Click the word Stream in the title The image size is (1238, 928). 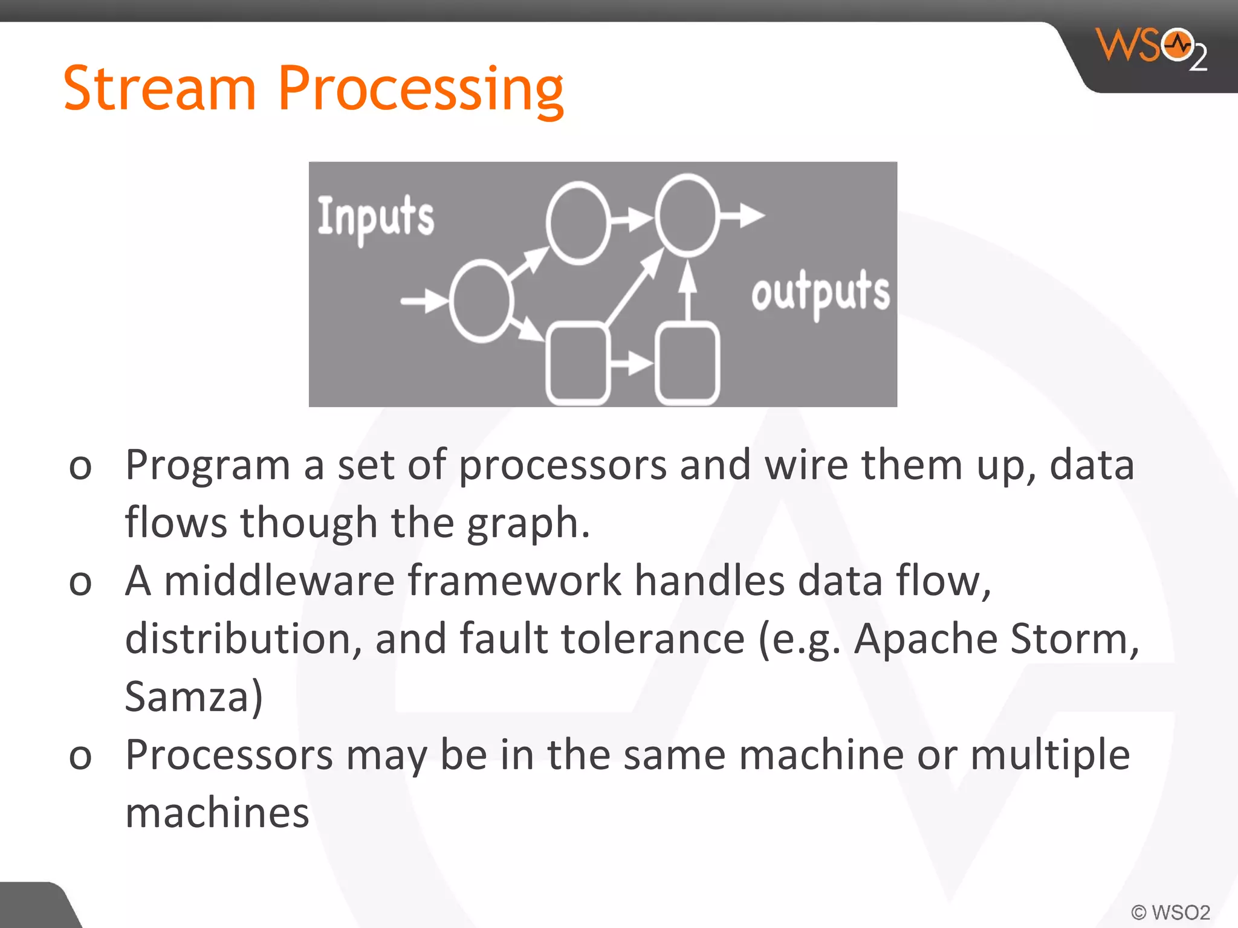pyautogui.click(x=160, y=89)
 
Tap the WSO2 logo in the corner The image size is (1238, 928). pyautogui.click(x=1152, y=48)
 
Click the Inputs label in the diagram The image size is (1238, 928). pyautogui.click(x=375, y=217)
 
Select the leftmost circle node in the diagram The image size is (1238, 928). pyautogui.click(x=481, y=301)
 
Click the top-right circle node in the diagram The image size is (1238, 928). pyautogui.click(x=687, y=214)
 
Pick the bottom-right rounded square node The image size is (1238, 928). pyautogui.click(x=687, y=364)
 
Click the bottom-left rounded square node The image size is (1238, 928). pyautogui.click(x=577, y=364)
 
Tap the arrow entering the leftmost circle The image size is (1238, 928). pyautogui.click(x=423, y=300)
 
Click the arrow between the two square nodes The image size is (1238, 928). pyautogui.click(x=631, y=363)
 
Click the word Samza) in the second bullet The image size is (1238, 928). pyautogui.click(x=193, y=697)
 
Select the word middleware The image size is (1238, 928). pyautogui.click(x=279, y=581)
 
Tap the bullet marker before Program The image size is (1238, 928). pyautogui.click(x=80, y=467)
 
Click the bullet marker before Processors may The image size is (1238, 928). pyautogui.click(x=80, y=757)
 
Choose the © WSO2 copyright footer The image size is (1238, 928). pyautogui.click(x=1170, y=912)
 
